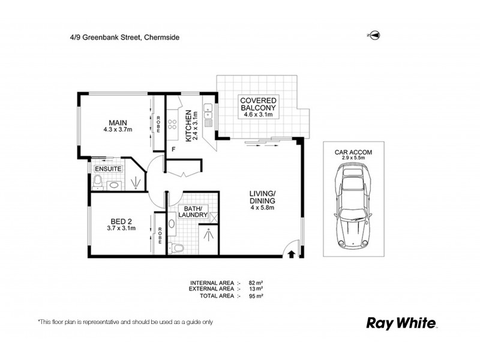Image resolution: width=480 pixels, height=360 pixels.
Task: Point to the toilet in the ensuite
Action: click(x=100, y=182)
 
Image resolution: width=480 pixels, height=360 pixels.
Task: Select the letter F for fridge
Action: click(x=173, y=148)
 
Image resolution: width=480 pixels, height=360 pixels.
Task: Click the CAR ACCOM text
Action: click(x=353, y=152)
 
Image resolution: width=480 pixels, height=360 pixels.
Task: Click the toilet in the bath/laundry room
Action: click(x=178, y=247)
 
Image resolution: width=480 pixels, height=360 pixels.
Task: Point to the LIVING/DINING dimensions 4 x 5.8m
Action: click(x=262, y=208)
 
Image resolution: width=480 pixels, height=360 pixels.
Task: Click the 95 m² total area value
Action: click(x=257, y=296)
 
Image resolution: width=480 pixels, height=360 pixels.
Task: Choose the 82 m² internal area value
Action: click(x=257, y=282)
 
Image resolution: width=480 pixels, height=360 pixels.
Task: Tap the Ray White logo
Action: click(x=401, y=323)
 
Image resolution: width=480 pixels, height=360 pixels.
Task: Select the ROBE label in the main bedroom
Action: click(x=158, y=124)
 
